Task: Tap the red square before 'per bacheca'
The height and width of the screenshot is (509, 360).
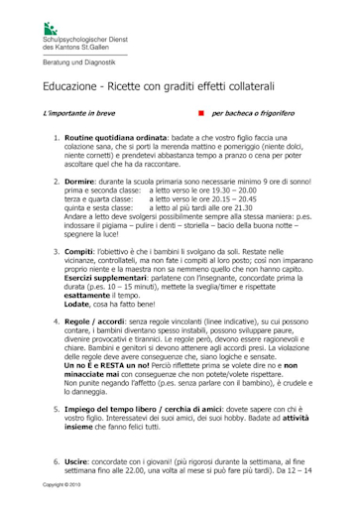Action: point(199,115)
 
